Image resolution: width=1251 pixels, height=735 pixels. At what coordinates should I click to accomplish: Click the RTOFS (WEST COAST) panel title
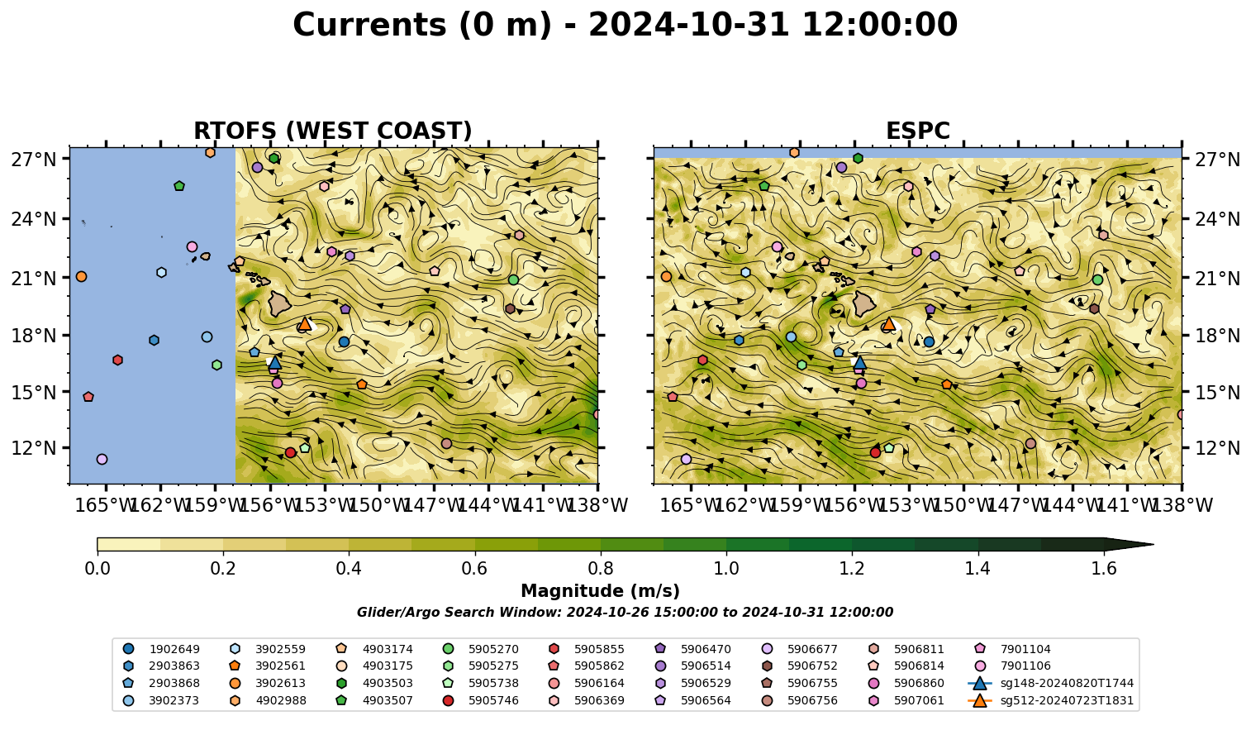click(x=333, y=131)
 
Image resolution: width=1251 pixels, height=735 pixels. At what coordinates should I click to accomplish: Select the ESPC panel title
click(x=917, y=131)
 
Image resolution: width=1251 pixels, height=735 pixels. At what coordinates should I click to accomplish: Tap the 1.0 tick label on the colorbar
click(x=726, y=569)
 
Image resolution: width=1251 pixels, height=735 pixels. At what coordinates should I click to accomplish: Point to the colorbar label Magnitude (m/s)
click(x=601, y=591)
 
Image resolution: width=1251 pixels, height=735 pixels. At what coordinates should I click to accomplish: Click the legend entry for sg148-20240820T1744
click(x=1051, y=683)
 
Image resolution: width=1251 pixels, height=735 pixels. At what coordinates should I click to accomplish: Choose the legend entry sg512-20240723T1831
click(x=1051, y=700)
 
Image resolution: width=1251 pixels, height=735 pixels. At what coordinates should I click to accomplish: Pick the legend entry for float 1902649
click(x=161, y=649)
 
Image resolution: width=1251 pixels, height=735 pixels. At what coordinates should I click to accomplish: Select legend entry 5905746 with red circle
click(x=480, y=700)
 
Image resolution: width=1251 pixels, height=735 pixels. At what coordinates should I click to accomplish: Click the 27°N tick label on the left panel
click(x=34, y=160)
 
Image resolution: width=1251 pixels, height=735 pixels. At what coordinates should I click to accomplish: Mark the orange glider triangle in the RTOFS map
click(x=304, y=323)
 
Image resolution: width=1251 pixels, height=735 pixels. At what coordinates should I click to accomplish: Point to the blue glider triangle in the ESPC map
click(x=860, y=363)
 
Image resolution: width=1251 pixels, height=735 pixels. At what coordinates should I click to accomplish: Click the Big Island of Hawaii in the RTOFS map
click(x=279, y=303)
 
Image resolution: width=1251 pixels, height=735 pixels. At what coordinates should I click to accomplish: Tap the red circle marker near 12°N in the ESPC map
click(x=875, y=452)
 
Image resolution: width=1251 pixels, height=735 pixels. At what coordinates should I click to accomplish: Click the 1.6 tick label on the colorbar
click(x=1104, y=569)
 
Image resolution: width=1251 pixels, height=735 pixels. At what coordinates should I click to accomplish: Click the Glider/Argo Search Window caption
click(x=625, y=612)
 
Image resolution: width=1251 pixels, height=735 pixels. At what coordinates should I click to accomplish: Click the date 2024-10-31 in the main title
click(x=688, y=25)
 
